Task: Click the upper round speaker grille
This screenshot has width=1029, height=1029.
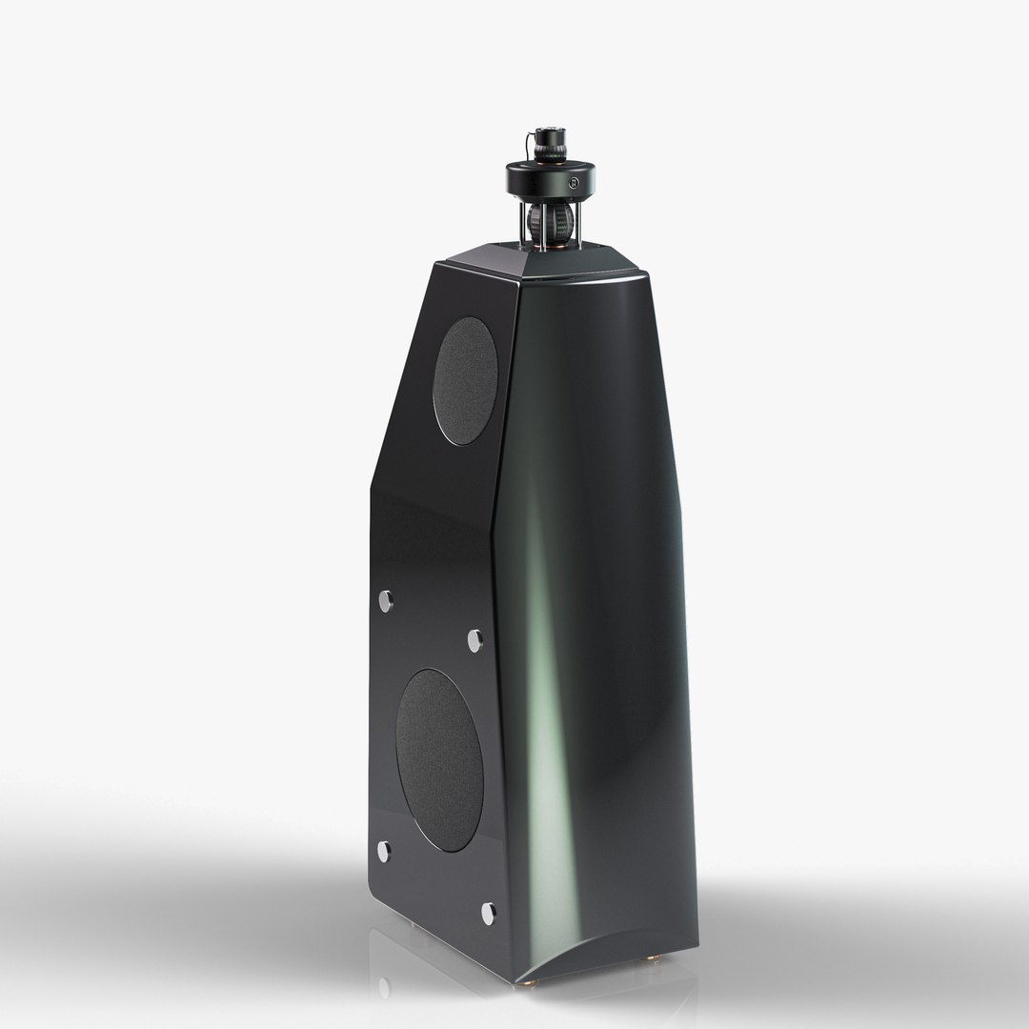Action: pos(465,380)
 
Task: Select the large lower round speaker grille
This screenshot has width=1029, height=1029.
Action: pos(439,759)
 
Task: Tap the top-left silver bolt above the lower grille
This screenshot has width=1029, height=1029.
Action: pos(386,600)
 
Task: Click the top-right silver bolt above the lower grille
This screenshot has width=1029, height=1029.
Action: pos(474,640)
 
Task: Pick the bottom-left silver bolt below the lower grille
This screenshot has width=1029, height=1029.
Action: pos(384,851)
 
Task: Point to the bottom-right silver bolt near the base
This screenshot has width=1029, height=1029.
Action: pos(488,913)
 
